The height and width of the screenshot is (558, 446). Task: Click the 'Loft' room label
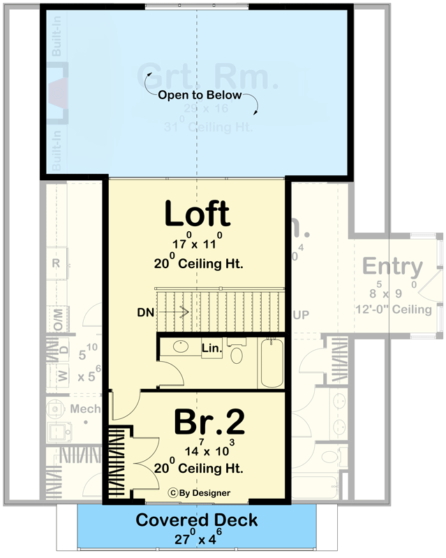click(x=197, y=214)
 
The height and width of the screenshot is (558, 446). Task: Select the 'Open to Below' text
click(x=199, y=95)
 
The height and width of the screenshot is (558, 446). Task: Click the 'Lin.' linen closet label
click(x=211, y=347)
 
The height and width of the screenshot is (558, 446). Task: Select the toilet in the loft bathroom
click(x=237, y=353)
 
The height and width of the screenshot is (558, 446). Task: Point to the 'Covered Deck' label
click(x=196, y=520)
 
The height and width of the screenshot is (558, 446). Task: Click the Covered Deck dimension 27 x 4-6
click(x=196, y=538)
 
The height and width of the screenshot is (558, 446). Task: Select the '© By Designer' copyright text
click(x=199, y=493)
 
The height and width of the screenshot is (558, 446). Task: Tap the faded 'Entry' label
click(x=392, y=267)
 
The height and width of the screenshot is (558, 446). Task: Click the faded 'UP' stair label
click(x=301, y=316)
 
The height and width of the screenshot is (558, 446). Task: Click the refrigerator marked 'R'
click(x=58, y=263)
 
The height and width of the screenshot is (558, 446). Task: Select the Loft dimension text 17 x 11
click(x=196, y=244)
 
